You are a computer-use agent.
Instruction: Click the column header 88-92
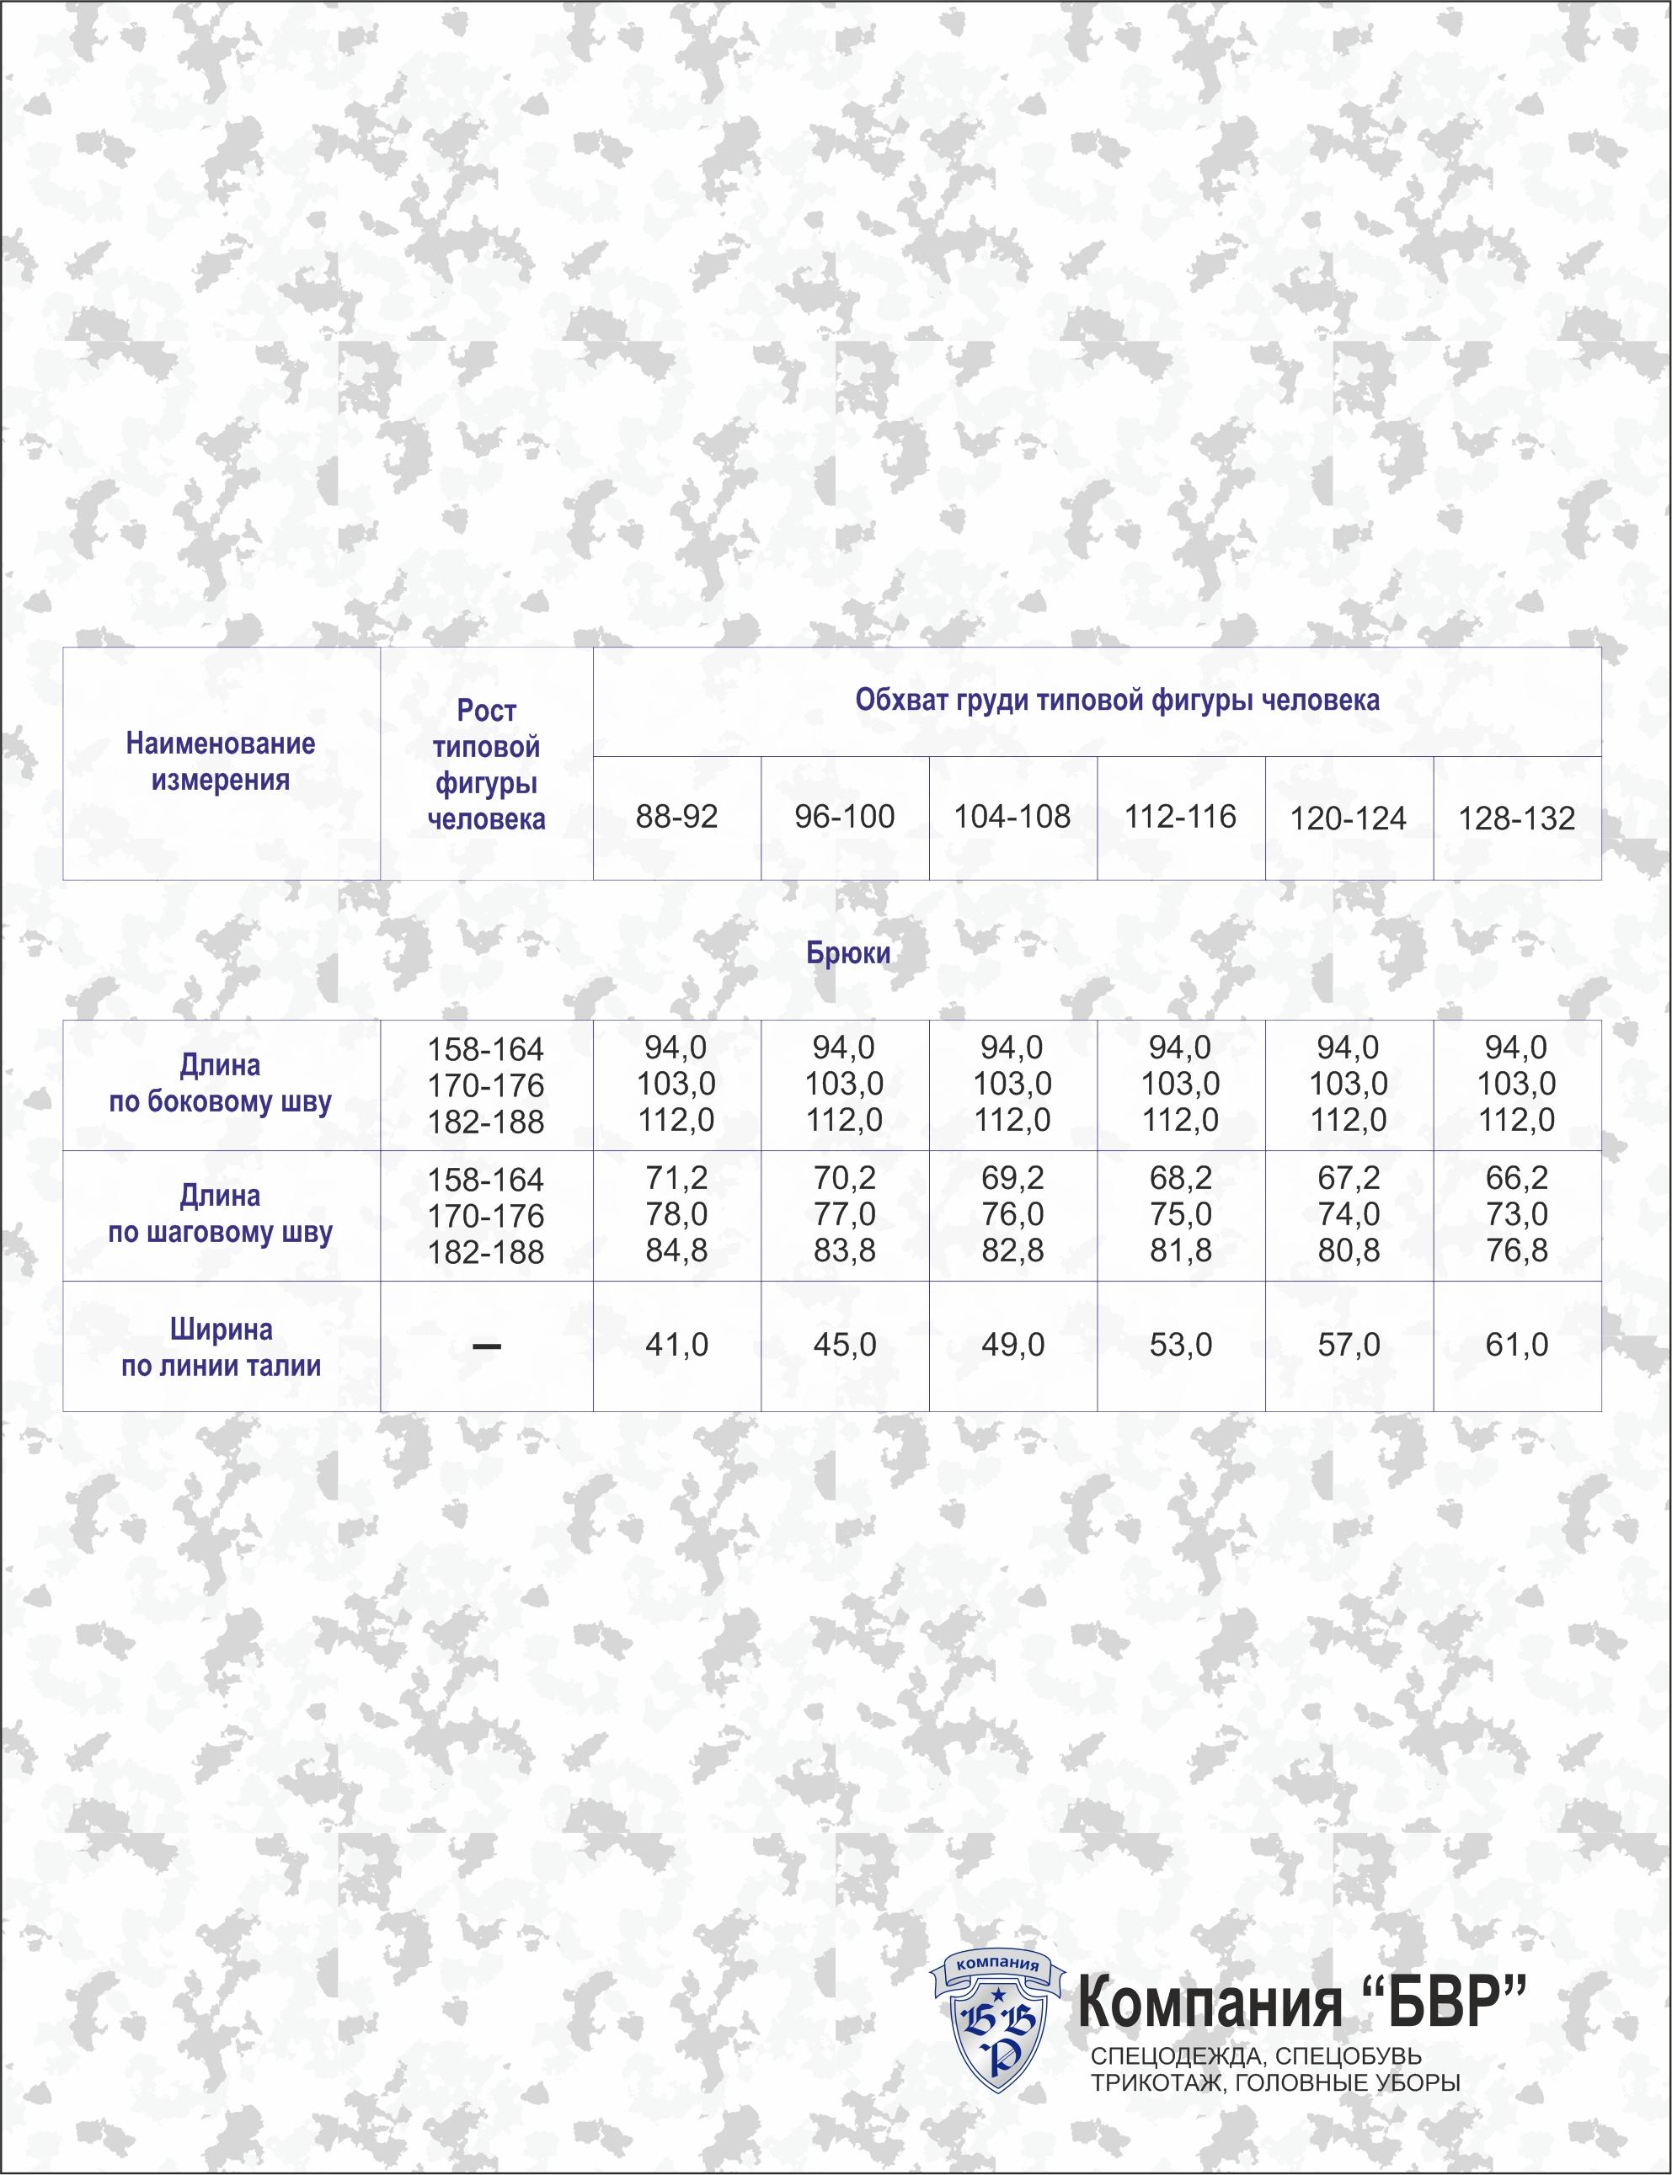676,817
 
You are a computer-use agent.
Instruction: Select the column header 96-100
844,817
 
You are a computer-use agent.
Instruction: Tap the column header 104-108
1012,817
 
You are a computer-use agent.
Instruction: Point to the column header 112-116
1180,817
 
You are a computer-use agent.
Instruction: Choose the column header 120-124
1349,818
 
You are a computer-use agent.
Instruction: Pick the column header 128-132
1517,818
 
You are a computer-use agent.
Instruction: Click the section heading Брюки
848,953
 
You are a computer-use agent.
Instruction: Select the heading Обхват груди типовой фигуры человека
1117,701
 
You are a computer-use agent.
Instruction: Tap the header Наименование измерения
220,761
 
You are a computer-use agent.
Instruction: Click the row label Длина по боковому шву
220,1084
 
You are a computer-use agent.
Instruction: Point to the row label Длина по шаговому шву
220,1214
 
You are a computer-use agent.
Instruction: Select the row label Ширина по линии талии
220,1347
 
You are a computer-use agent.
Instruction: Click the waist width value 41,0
676,1346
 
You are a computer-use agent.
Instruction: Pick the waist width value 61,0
1517,1346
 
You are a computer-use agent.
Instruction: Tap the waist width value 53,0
1180,1346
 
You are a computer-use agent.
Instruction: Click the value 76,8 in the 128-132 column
1517,1250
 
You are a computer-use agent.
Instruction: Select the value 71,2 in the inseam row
676,1178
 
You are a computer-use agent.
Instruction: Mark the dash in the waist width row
486,1346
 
